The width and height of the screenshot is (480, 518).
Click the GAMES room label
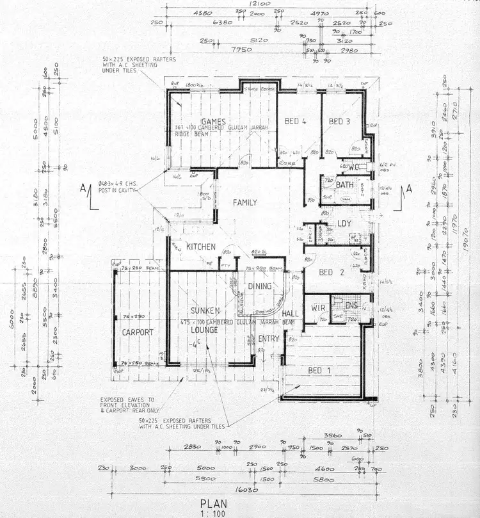point(211,122)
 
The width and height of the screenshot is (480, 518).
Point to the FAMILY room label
point(244,203)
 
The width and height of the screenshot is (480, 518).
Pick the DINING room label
point(260,287)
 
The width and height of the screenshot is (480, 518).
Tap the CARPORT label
point(137,332)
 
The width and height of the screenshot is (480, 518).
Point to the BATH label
point(344,186)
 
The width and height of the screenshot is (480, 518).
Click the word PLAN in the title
point(212,503)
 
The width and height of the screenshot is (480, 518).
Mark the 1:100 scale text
point(213,513)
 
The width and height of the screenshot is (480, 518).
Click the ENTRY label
point(269,338)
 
